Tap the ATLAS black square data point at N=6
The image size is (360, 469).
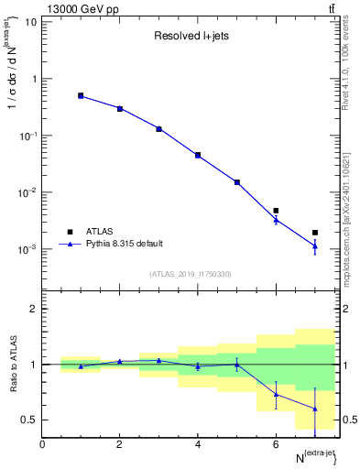pyautogui.click(x=276, y=211)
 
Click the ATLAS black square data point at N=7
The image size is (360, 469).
pyautogui.click(x=315, y=233)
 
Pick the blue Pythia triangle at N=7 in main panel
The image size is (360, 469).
pyautogui.click(x=315, y=245)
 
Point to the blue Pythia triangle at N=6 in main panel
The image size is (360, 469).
pyautogui.click(x=276, y=220)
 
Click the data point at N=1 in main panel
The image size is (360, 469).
pyautogui.click(x=81, y=95)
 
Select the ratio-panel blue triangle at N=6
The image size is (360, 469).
pyautogui.click(x=276, y=394)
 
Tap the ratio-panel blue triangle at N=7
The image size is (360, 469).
pyautogui.click(x=315, y=409)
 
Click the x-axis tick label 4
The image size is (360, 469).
pyautogui.click(x=198, y=444)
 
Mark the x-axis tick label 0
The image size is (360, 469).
pyautogui.click(x=42, y=444)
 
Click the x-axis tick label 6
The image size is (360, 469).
pyautogui.click(x=276, y=444)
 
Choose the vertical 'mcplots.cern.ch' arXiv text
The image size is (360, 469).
pyautogui.click(x=352, y=211)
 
